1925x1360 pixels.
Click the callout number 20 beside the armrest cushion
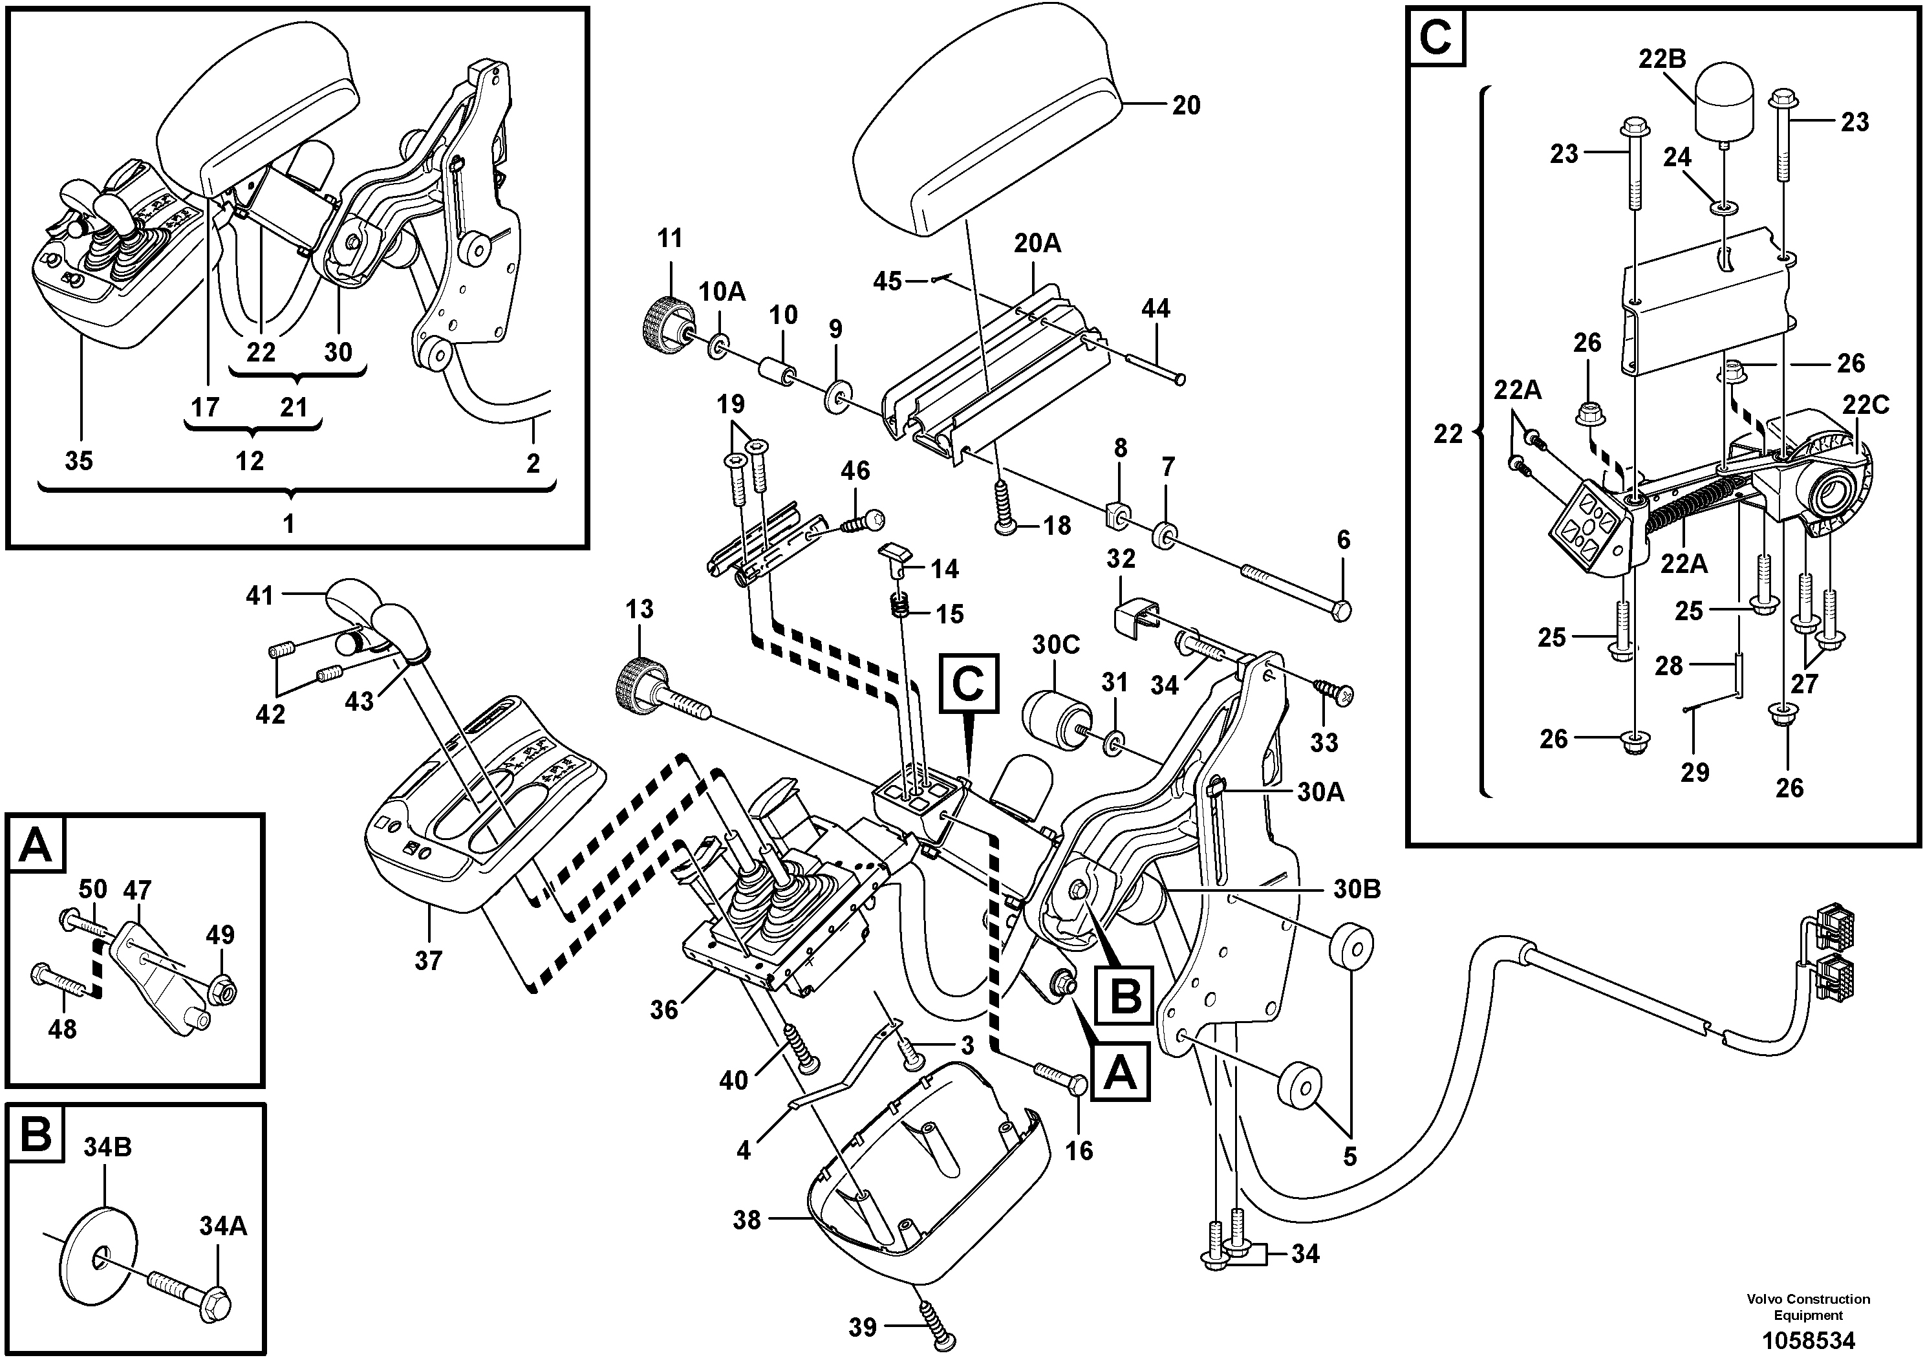(1185, 105)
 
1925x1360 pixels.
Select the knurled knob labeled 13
(642, 684)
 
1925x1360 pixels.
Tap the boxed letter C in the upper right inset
(1437, 38)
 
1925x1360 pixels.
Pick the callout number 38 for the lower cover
(746, 1220)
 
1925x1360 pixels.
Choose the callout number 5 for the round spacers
(1349, 1156)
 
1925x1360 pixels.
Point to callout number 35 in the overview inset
(79, 460)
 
